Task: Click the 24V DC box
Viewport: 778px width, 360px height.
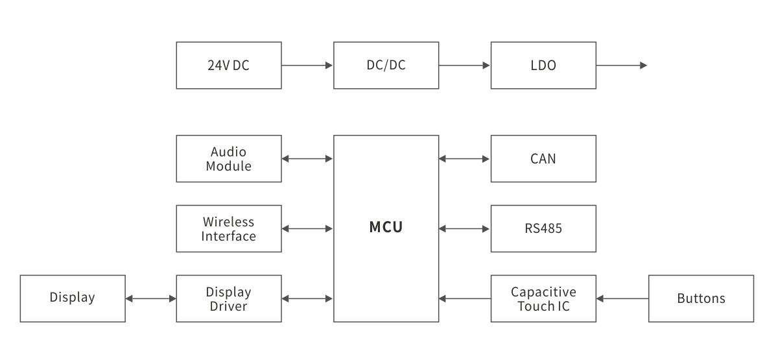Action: pyautogui.click(x=228, y=66)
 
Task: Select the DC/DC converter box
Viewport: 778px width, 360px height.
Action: pyautogui.click(x=386, y=66)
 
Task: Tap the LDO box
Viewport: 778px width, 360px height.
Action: pyautogui.click(x=543, y=66)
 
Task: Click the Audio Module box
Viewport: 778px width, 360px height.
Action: pyautogui.click(x=228, y=158)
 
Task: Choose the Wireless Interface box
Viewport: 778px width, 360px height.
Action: pyautogui.click(x=228, y=228)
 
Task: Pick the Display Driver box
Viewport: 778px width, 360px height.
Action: pyautogui.click(x=228, y=298)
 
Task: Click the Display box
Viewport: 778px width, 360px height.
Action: pyautogui.click(x=72, y=298)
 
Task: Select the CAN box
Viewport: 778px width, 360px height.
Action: pyautogui.click(x=543, y=158)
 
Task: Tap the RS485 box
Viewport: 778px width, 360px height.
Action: pyautogui.click(x=543, y=228)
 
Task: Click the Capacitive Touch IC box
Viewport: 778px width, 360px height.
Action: pyautogui.click(x=543, y=298)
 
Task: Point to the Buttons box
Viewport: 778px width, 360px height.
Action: pyautogui.click(x=701, y=298)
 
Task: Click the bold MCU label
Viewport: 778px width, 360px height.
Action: pyautogui.click(x=386, y=228)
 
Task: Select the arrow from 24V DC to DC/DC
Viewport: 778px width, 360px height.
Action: pyautogui.click(x=307, y=66)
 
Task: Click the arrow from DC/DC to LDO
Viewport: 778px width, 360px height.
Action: pyautogui.click(x=464, y=66)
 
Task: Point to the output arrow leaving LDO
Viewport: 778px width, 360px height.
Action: pyautogui.click(x=622, y=66)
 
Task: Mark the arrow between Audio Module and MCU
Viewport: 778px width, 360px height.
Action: pyautogui.click(x=307, y=158)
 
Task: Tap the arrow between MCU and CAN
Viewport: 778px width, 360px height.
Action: pyautogui.click(x=464, y=158)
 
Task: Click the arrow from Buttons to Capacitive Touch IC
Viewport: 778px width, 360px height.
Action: pyautogui.click(x=622, y=298)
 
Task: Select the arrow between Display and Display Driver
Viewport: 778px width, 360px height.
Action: pyautogui.click(x=150, y=298)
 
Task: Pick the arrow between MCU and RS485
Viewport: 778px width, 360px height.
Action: pyautogui.click(x=464, y=228)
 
